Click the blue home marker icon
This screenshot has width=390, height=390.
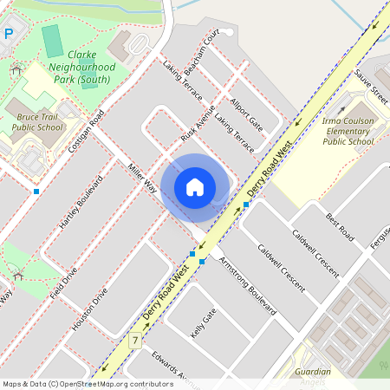195,186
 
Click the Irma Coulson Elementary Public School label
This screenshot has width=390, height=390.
347,129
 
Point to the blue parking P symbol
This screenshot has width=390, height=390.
8,34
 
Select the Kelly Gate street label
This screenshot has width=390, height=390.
202,322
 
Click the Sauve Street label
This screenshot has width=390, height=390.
371,83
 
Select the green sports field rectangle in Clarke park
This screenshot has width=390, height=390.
53,41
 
